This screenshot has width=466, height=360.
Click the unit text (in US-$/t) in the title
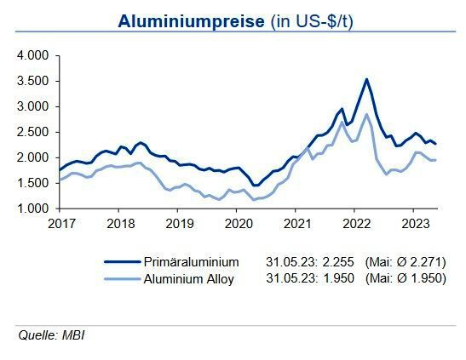pos(310,22)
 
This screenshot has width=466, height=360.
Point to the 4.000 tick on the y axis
pos(34,55)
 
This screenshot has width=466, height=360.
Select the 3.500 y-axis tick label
pos(34,81)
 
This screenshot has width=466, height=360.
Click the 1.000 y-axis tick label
pos(34,209)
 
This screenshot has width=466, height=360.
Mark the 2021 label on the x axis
pos(296,224)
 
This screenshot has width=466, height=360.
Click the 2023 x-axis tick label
pos(413,224)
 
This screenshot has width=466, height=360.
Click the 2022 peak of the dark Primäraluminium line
pos(366,79)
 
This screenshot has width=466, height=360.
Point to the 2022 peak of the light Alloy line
pos(366,114)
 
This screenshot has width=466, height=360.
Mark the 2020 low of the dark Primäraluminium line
pos(255,185)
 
